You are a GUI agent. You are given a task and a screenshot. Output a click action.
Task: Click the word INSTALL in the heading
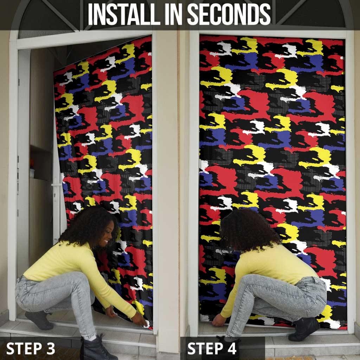(x=124, y=14)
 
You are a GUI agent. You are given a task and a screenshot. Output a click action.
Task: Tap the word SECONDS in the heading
(x=229, y=14)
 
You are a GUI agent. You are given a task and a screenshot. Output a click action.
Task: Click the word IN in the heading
(x=174, y=14)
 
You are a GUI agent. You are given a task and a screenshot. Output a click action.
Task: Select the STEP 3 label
(x=31, y=348)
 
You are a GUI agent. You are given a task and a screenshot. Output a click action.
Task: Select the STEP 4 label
(x=212, y=348)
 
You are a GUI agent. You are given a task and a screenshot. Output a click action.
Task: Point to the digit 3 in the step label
(x=50, y=348)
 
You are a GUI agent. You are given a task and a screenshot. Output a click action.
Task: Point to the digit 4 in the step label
(x=232, y=348)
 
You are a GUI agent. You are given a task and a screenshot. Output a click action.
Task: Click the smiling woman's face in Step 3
(x=107, y=234)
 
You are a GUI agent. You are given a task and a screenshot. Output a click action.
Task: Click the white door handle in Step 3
(x=57, y=185)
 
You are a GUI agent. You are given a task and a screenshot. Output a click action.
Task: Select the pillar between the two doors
(x=172, y=184)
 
